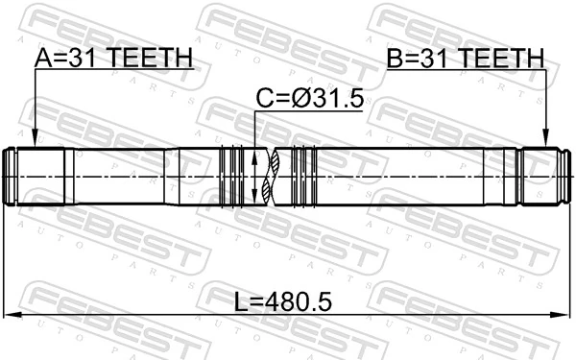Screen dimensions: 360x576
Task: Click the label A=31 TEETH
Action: (x=113, y=59)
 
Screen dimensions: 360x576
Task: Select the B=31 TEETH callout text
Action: (x=465, y=59)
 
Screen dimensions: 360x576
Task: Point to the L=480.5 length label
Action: (x=283, y=303)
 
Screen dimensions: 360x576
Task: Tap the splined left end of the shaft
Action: (x=29, y=178)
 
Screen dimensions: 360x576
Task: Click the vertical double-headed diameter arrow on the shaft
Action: (x=254, y=178)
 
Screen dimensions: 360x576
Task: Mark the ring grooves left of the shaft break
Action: (x=233, y=178)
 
